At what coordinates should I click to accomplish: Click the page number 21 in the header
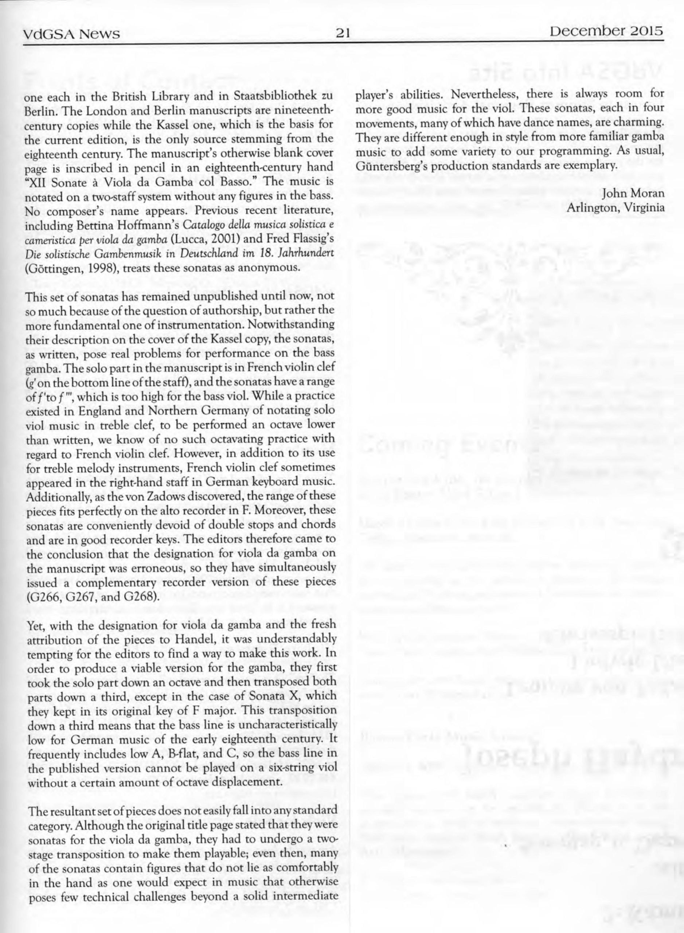tap(343, 32)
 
